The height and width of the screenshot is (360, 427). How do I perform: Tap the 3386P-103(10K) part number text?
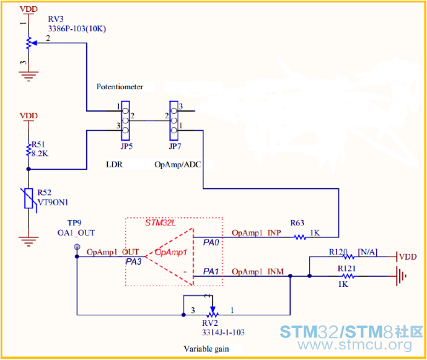79,29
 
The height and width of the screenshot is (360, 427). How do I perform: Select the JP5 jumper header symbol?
125,120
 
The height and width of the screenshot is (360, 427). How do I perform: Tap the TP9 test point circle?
77,247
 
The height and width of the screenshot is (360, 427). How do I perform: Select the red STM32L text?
160,222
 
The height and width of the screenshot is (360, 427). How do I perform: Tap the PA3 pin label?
134,262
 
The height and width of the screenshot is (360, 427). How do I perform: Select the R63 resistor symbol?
300,237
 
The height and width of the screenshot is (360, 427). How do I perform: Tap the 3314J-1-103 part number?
222,332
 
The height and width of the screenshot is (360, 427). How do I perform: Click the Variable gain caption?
206,348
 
